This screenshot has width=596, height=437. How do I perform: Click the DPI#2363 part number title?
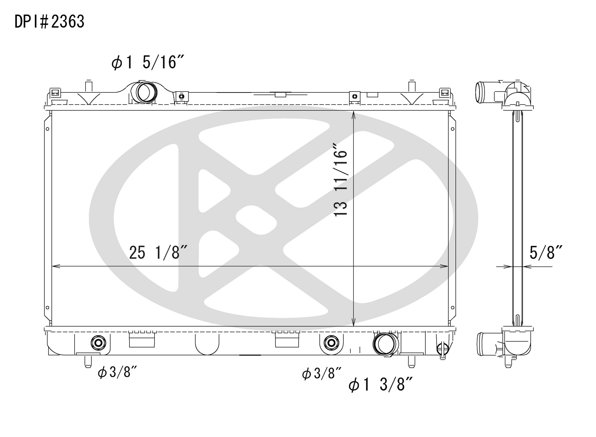[49, 22]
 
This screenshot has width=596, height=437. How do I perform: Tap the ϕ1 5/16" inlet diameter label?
[148, 63]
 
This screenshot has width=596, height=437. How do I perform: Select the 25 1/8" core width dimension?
[158, 252]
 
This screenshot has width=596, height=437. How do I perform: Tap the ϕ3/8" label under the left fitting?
[117, 372]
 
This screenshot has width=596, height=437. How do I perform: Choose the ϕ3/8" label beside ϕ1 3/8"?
[321, 374]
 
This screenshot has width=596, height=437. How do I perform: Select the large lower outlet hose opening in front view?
[386, 344]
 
